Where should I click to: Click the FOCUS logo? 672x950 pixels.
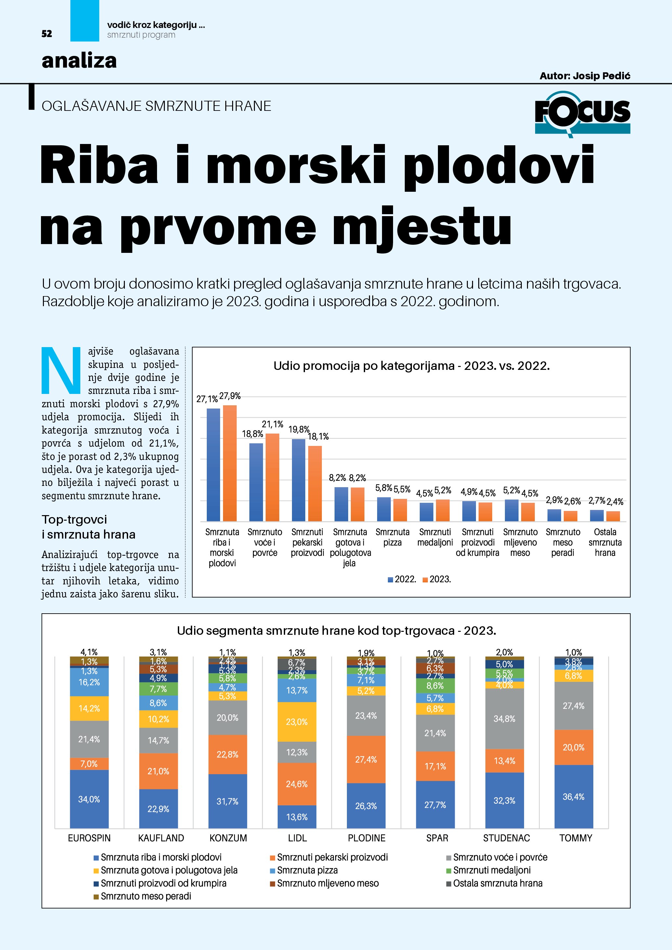point(582,113)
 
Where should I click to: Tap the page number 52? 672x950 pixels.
point(47,34)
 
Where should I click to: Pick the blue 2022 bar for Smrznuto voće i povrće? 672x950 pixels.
point(256,482)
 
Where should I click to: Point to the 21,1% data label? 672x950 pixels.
point(272,424)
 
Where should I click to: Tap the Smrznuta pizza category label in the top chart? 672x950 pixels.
point(392,537)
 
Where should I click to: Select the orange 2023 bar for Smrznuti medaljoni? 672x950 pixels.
point(443,510)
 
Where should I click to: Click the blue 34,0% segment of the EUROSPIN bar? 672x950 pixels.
point(89,799)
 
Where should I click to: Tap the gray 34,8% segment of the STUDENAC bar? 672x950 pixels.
point(505,719)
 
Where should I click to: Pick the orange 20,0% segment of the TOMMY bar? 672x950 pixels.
point(573,747)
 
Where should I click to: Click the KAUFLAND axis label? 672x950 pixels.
point(161,838)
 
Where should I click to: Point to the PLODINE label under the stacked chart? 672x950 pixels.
point(367,838)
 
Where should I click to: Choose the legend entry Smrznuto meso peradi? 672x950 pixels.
point(146,896)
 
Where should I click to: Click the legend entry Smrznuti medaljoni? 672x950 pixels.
point(492,870)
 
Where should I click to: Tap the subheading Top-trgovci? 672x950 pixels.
point(74,519)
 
